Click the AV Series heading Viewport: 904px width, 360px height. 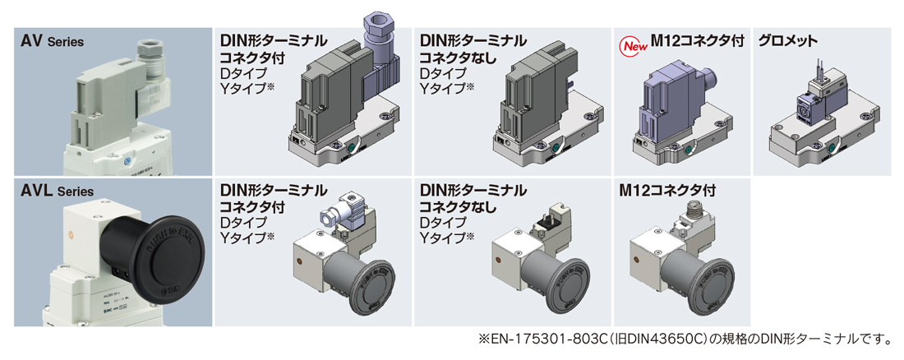(53, 42)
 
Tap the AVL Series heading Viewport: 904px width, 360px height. (57, 191)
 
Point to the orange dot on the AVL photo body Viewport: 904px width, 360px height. (72, 234)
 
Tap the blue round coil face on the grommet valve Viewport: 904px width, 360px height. (805, 108)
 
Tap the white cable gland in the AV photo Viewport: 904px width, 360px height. (151, 65)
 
